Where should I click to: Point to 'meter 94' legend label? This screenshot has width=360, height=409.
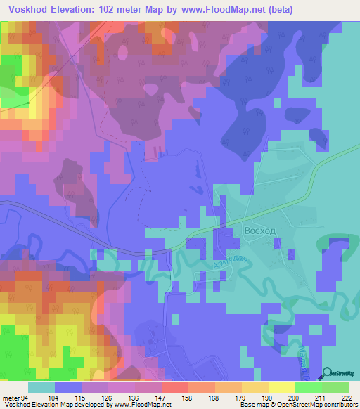[x=16, y=398]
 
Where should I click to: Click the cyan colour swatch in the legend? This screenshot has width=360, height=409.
[x=41, y=387]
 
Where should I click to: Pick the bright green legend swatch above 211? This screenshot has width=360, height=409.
[x=308, y=387]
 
